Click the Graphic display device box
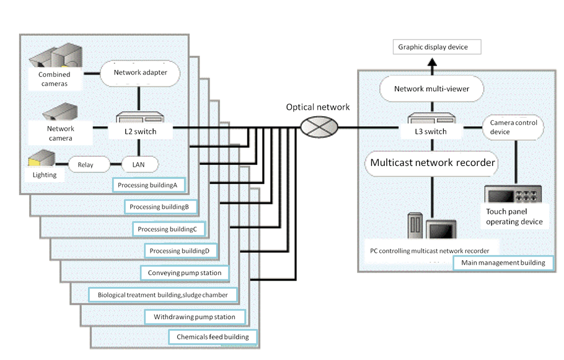[433, 47]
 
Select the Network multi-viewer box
[431, 89]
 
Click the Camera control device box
[513, 127]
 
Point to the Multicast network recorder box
[432, 163]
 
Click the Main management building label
[503, 263]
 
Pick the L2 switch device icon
[138, 118]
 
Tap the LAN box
[138, 165]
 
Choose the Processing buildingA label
[149, 185]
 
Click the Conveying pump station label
[185, 273]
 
